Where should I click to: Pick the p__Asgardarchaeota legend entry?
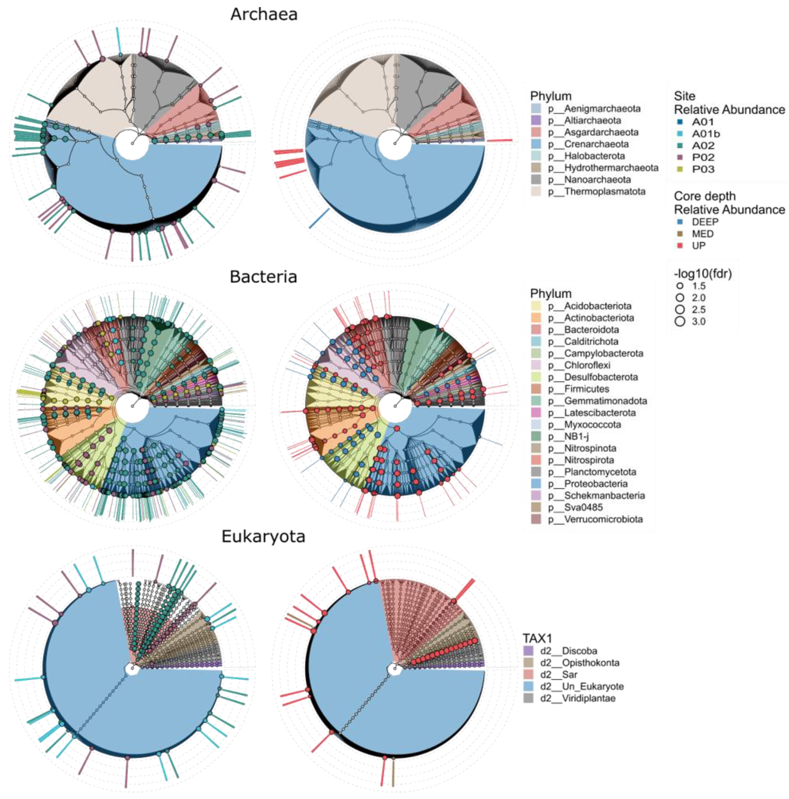(601, 132)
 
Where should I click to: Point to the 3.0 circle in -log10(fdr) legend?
(680, 321)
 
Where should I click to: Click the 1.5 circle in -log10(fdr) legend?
(680, 286)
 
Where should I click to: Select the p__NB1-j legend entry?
(576, 436)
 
